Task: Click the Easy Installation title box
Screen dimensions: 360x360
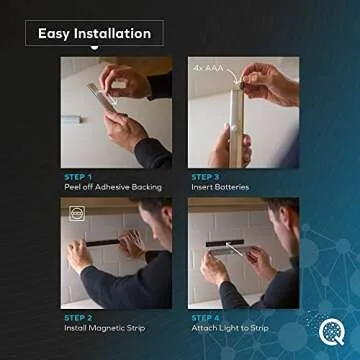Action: (x=94, y=33)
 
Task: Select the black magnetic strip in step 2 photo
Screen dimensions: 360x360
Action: (x=100, y=242)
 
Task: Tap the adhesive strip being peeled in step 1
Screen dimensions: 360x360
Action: (x=99, y=94)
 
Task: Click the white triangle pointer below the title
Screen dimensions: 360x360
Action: (x=94, y=47)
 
